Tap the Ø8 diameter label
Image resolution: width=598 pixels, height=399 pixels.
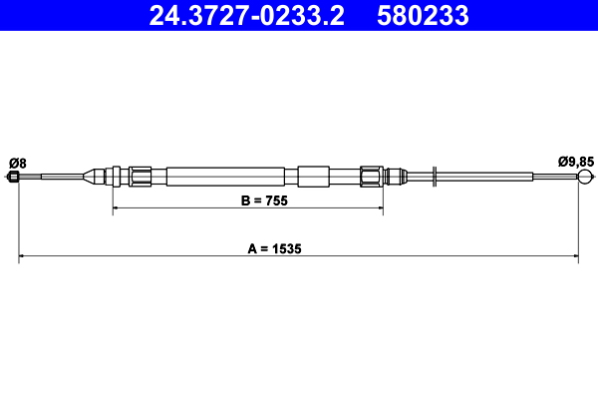coord(17,162)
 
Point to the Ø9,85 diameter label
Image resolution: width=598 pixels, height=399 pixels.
coord(576,160)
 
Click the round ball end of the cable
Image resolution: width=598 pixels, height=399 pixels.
coord(583,178)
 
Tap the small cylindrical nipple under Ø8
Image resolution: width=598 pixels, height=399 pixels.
coord(13,178)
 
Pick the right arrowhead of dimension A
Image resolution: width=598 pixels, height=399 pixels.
coord(575,256)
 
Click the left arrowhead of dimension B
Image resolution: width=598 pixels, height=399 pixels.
coord(117,208)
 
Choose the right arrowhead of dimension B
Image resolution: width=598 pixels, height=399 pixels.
coord(379,208)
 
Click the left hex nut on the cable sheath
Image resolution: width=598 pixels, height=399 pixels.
coord(141,177)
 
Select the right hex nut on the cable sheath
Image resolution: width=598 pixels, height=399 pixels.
coord(372,177)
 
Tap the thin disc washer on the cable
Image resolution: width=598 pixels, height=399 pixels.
coord(435,178)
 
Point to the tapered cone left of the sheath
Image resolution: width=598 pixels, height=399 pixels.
coord(97,178)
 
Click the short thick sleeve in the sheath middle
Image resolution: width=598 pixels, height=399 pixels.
coord(312,177)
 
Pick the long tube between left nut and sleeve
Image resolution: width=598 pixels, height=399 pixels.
coord(224,177)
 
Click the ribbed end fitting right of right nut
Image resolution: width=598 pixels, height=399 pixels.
coord(395,177)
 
